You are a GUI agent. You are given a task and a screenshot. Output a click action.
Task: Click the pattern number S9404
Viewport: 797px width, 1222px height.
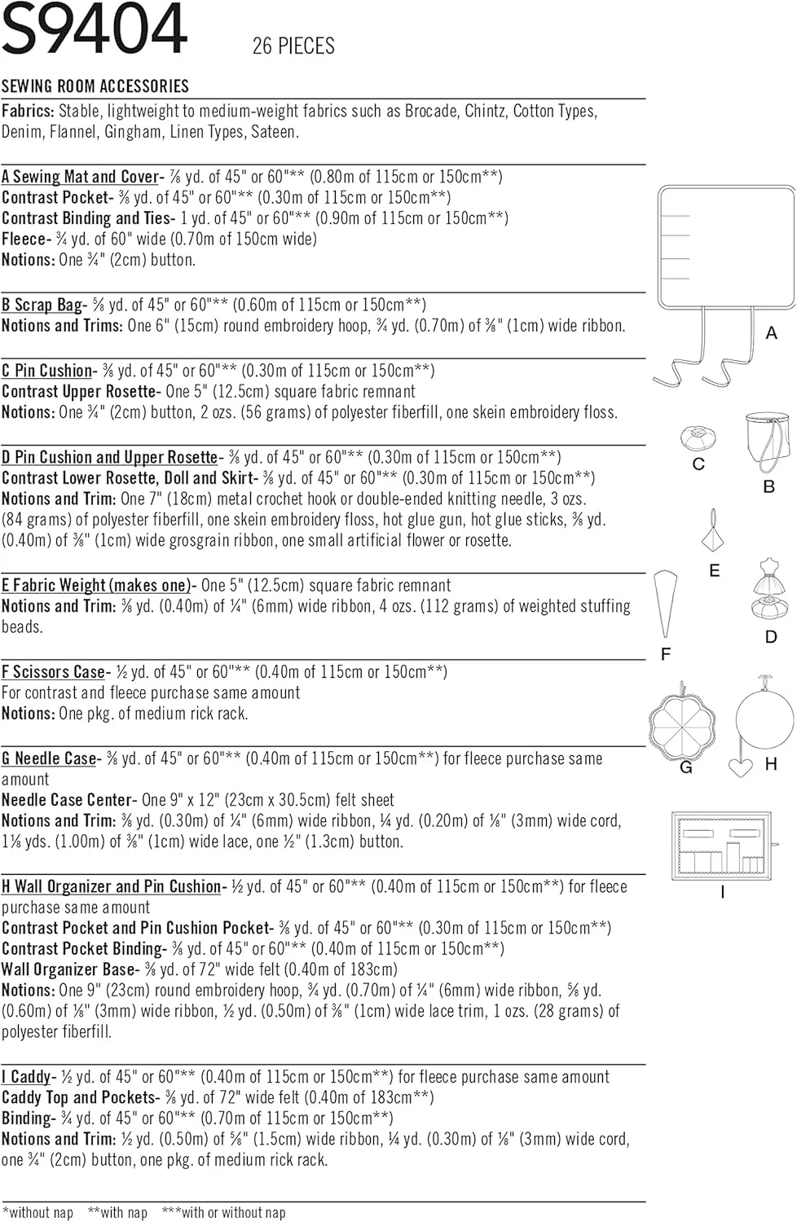[x=95, y=29]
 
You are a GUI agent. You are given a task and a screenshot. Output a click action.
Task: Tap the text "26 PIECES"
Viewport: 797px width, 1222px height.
[x=293, y=46]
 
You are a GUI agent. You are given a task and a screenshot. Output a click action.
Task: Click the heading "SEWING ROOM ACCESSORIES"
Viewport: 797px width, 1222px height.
[x=95, y=86]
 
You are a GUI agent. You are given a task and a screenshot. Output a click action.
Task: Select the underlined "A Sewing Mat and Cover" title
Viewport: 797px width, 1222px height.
[x=80, y=177]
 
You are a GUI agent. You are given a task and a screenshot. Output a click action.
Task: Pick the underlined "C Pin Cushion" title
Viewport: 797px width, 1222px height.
[x=46, y=371]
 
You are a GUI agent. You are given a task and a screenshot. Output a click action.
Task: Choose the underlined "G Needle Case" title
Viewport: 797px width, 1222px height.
[x=49, y=758]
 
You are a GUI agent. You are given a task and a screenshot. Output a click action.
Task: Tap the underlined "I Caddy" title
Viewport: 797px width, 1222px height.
[x=27, y=1077]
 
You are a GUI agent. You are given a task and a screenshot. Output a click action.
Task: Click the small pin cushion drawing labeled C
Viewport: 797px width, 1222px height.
[x=698, y=438]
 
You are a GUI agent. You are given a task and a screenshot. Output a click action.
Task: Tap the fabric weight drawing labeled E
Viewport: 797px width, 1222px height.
[x=714, y=533]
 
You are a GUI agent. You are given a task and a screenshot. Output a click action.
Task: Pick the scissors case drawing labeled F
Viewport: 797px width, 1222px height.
[x=665, y=604]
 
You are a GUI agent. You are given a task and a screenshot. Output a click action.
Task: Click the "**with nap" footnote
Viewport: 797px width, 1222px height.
[x=117, y=1213]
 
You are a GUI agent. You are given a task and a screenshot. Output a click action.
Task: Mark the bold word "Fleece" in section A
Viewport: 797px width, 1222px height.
[x=24, y=240]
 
